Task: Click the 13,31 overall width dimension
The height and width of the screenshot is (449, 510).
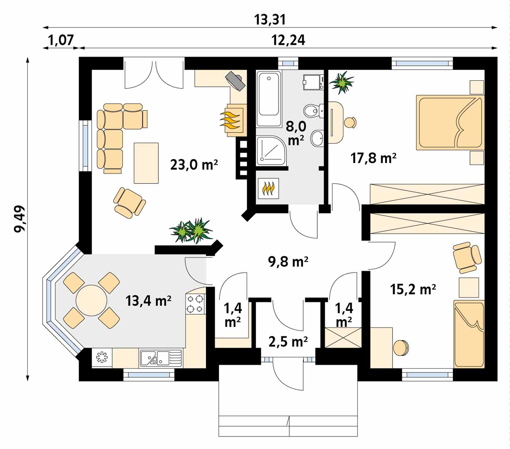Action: click(270, 20)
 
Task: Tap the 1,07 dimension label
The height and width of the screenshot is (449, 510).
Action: click(61, 40)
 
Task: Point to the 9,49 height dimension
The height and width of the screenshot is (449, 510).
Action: click(20, 219)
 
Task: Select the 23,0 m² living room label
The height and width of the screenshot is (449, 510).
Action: click(194, 165)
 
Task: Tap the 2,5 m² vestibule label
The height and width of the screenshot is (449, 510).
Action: click(288, 342)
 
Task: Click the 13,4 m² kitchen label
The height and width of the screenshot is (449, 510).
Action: click(149, 301)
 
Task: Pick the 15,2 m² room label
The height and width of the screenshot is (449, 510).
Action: click(413, 289)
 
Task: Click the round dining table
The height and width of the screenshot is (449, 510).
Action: click(91, 301)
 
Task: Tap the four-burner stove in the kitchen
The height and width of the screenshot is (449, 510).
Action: click(195, 303)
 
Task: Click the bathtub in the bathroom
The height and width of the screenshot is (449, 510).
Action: click(269, 99)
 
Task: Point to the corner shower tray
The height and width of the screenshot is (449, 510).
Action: click(271, 150)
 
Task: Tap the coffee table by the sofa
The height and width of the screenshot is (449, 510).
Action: click(146, 163)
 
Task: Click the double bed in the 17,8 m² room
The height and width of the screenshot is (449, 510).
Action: click(450, 122)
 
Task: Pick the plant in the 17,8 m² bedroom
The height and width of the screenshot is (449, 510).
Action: click(341, 82)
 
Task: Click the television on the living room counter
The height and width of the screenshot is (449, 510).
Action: click(236, 81)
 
